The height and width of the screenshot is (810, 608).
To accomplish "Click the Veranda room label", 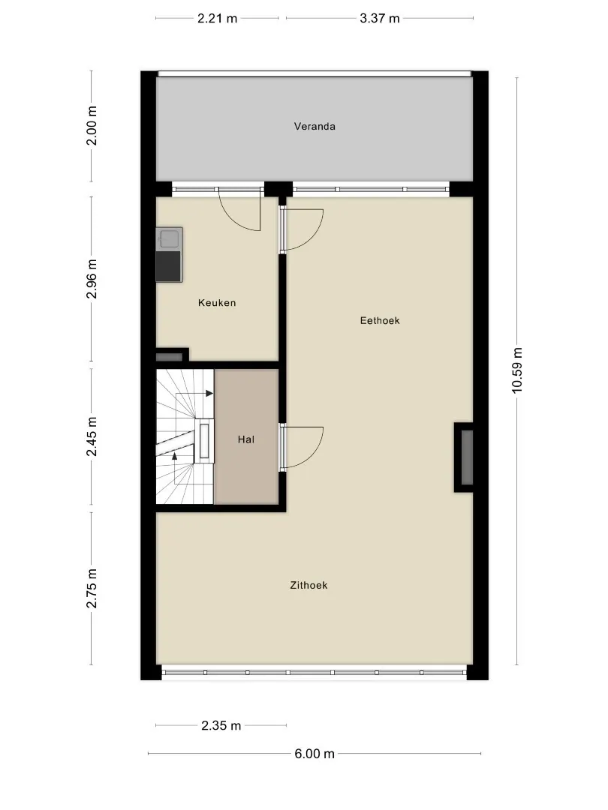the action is pos(315,126).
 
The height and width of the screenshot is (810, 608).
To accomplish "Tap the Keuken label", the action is pos(217,303).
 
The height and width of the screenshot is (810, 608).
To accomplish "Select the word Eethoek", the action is pos(380,320).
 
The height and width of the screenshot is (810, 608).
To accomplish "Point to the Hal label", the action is pos(246,439).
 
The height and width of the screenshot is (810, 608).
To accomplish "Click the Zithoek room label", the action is pos(309,585).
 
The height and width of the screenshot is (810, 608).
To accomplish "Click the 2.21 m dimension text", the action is pos(217,19).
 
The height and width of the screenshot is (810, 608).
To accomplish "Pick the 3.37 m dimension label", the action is pos(380,19).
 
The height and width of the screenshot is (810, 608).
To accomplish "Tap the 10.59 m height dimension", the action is pos(517,370).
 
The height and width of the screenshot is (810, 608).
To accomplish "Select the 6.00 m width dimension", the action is pos(315,754).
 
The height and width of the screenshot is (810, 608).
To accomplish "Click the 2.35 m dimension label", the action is pos(221,726).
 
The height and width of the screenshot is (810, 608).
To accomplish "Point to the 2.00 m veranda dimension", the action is pos(92,125).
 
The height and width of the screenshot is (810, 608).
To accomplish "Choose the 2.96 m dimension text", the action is pos(92,279).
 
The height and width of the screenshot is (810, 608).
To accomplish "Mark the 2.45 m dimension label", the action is pos(92,436).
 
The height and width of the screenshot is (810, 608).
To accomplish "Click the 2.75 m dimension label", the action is pos(92,589).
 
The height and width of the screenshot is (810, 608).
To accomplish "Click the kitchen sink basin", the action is pos(170,238).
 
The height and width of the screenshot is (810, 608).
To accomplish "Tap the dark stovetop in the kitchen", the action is pos(169,265).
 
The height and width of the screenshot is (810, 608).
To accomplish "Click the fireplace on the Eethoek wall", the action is pos(465,457).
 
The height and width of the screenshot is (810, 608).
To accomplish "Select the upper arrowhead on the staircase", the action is pos(209,394).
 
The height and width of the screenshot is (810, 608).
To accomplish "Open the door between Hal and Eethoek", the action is pos(302,447).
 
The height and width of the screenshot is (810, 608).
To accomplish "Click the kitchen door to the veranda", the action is pos(240,208).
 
